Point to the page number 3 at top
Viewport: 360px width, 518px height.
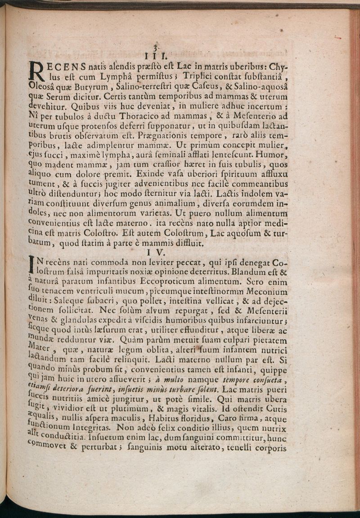[155, 47]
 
